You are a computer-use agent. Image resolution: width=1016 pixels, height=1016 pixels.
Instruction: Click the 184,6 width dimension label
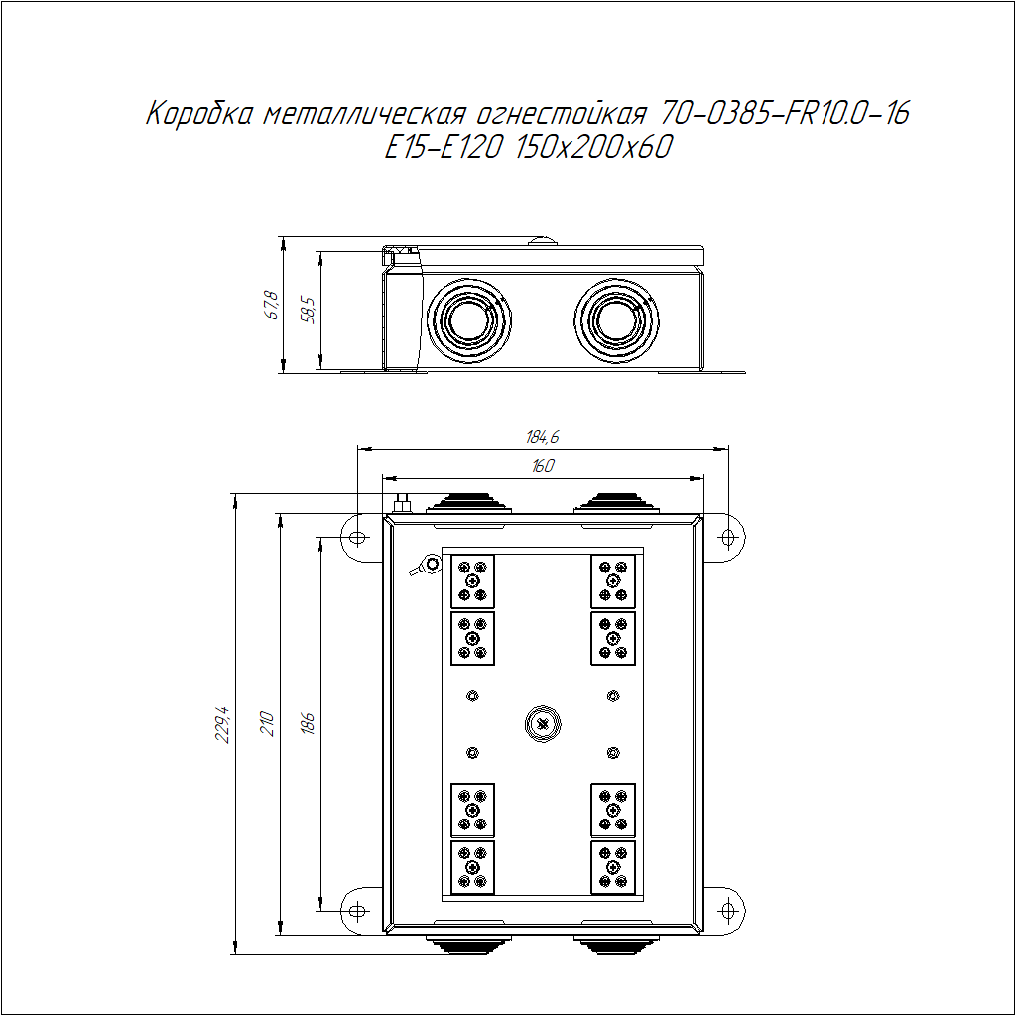(543, 437)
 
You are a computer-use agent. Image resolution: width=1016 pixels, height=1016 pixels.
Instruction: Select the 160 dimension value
(543, 466)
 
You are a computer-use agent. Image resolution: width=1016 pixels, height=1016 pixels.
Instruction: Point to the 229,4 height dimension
(223, 724)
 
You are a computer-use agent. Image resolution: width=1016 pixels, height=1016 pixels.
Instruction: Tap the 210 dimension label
(267, 723)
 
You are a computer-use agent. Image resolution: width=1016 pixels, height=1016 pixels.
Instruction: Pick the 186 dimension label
(308, 723)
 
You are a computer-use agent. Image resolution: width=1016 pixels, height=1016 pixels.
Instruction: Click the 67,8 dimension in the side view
(272, 306)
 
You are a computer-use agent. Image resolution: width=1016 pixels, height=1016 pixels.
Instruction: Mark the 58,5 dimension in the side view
(309, 311)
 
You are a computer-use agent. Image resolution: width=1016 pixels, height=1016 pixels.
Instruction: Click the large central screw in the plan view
(543, 724)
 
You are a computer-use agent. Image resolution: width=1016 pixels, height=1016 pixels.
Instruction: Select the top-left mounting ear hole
(357, 537)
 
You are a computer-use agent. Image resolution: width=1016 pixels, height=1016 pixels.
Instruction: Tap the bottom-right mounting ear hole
(728, 911)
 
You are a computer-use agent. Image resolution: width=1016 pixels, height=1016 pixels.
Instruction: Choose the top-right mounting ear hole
(728, 537)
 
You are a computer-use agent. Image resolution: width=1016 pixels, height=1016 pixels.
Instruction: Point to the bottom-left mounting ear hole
(357, 911)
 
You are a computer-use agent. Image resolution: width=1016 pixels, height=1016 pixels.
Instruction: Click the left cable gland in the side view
(468, 320)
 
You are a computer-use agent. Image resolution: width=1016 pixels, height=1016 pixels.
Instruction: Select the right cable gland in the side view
(616, 320)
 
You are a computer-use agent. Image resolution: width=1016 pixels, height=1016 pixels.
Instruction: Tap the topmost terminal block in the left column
(472, 581)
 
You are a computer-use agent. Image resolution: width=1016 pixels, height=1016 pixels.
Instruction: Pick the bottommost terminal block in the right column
(613, 867)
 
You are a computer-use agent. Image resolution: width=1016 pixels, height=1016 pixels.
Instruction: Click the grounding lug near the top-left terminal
(426, 565)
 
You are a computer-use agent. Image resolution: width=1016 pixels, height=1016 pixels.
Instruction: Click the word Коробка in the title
(198, 113)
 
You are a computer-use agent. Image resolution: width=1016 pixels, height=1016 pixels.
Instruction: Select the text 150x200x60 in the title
(594, 147)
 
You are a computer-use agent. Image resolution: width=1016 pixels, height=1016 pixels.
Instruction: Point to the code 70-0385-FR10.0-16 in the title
(785, 113)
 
